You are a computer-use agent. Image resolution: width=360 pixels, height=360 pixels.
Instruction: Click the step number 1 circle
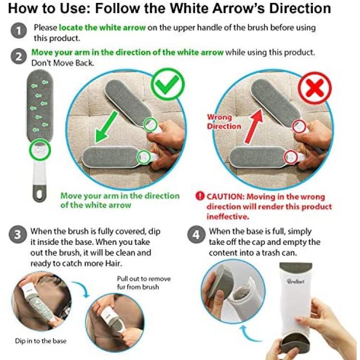click(x=19, y=31)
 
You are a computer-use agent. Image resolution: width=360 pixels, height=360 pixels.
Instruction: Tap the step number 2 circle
click(x=19, y=57)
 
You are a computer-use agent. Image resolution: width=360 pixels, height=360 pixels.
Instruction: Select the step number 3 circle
click(x=18, y=235)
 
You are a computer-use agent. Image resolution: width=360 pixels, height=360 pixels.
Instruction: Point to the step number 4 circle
click(x=196, y=235)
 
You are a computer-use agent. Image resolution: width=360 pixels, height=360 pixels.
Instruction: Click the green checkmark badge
click(x=168, y=84)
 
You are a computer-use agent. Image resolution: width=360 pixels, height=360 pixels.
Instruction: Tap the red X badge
click(x=314, y=88)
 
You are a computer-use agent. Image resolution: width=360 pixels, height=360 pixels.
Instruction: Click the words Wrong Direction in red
click(x=224, y=122)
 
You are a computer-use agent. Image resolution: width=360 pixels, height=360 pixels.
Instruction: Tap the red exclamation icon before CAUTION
click(x=200, y=196)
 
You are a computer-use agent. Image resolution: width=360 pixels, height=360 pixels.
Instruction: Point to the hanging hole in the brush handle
click(x=39, y=194)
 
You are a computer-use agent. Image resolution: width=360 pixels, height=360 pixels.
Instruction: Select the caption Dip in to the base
click(x=41, y=341)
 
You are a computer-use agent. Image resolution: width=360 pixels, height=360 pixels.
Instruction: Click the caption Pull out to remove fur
click(x=144, y=283)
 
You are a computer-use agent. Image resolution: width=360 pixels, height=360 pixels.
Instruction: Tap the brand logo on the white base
click(x=296, y=281)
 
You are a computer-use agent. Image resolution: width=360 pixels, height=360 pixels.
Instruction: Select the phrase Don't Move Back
click(x=62, y=63)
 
